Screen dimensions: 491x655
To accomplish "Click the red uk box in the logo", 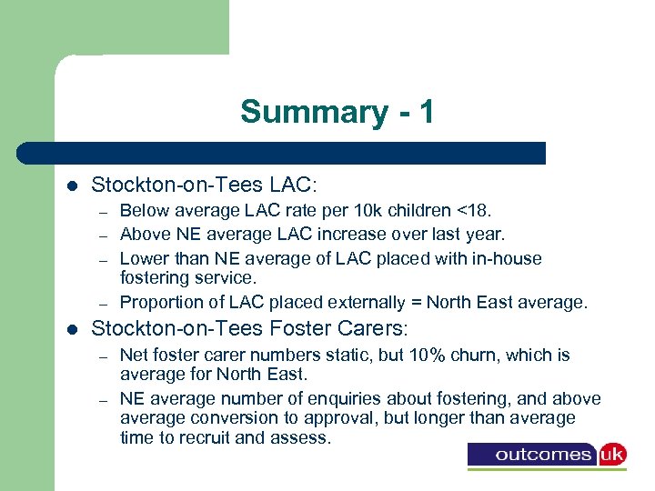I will (610, 453).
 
